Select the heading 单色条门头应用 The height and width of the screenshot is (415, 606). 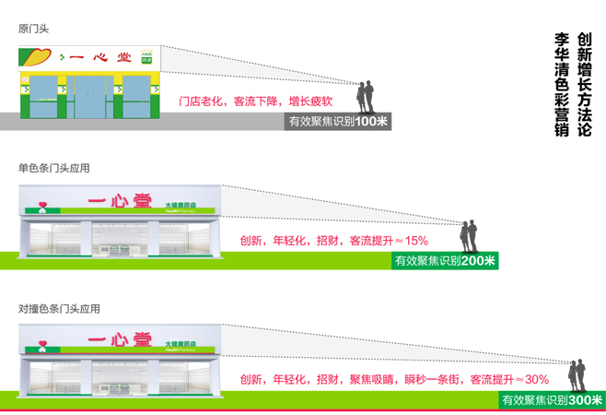(x=54, y=168)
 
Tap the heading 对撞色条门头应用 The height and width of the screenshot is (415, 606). (x=58, y=308)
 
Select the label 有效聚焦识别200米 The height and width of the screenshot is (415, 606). (x=446, y=261)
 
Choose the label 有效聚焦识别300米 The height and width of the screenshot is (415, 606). (x=553, y=400)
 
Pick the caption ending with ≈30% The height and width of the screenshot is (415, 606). (x=394, y=379)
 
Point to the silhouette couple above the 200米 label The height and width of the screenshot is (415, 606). (x=471, y=236)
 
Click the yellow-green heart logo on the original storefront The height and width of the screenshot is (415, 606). (x=37, y=56)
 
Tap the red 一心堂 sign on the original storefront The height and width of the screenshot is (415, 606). (x=99, y=57)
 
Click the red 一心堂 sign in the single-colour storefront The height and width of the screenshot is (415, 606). (x=117, y=202)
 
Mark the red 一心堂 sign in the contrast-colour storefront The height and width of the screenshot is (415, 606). (x=117, y=342)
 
